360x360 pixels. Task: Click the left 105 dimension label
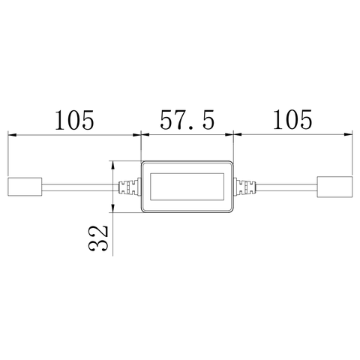[73, 120]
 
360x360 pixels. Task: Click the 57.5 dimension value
[186, 120]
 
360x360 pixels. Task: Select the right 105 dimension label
[292, 120]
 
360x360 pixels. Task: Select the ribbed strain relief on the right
[244, 186]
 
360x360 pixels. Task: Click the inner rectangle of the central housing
[187, 186]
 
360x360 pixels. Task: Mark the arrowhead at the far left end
[12, 135]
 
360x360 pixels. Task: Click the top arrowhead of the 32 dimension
[112, 164]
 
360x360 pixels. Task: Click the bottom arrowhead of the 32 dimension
[112, 208]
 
